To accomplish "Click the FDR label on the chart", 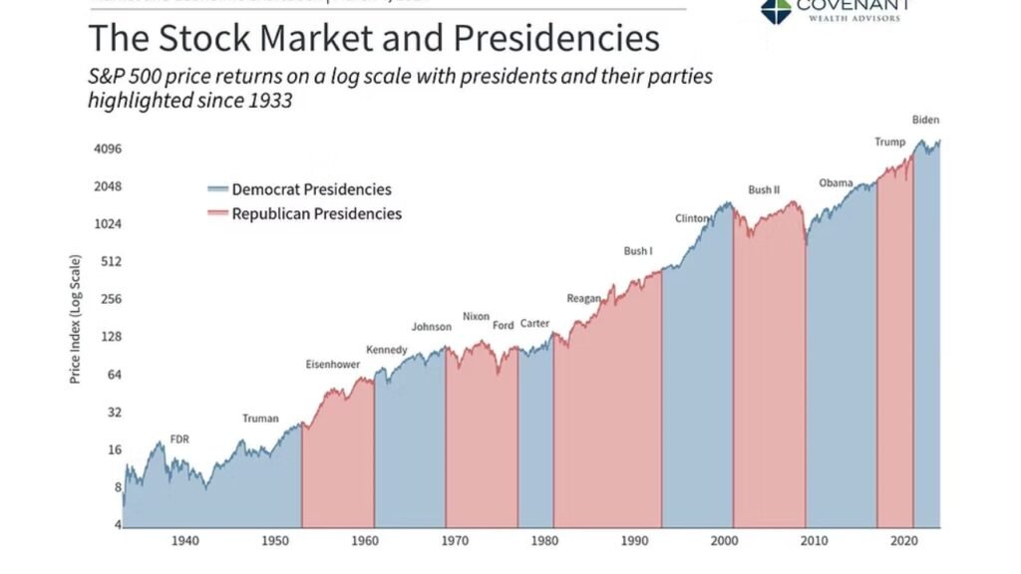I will pyautogui.click(x=179, y=439).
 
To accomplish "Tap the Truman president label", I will pyautogui.click(x=260, y=419).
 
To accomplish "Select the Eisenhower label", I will pyautogui.click(x=332, y=365).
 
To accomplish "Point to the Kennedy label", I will pyautogui.click(x=387, y=350).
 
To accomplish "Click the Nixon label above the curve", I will pyautogui.click(x=476, y=317).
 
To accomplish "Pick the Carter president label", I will pyautogui.click(x=534, y=324).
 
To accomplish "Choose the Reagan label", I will pyautogui.click(x=583, y=298).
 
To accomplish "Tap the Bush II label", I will pyautogui.click(x=764, y=189).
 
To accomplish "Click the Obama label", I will pyautogui.click(x=836, y=182).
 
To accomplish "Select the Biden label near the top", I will pyautogui.click(x=925, y=120).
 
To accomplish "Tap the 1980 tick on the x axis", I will pyautogui.click(x=544, y=541).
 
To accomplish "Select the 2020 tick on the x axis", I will pyautogui.click(x=903, y=541).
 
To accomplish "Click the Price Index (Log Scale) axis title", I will pyautogui.click(x=75, y=319).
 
